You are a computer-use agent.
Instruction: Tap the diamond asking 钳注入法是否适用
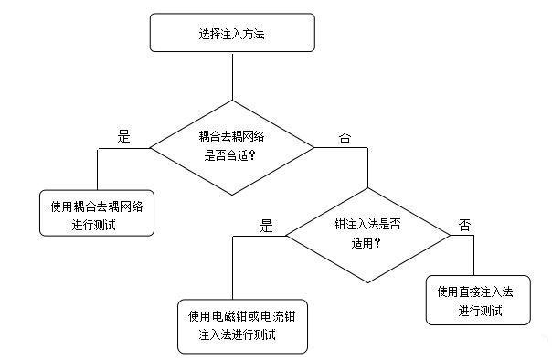(368, 232)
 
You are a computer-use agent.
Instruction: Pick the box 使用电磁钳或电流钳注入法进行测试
(241, 325)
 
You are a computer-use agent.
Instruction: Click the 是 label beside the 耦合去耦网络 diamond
(124, 136)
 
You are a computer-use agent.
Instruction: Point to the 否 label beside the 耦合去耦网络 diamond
(345, 137)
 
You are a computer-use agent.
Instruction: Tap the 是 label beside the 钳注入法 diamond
(267, 224)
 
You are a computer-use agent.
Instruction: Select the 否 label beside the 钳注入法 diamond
(466, 225)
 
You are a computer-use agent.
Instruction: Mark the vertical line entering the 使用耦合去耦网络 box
(97, 170)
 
